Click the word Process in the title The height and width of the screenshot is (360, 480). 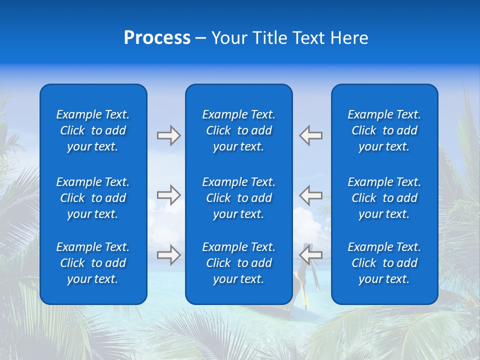(x=157, y=38)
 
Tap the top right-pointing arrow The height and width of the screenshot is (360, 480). (x=168, y=135)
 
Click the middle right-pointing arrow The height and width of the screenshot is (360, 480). (x=168, y=195)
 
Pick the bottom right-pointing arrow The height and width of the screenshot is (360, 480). (x=168, y=255)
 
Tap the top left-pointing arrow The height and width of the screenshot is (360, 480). (x=310, y=135)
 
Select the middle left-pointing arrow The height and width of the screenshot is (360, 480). (x=310, y=195)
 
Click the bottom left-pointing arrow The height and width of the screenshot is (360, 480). (x=310, y=255)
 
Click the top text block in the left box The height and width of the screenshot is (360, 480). (x=93, y=130)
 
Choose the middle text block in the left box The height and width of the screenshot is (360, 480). (x=93, y=198)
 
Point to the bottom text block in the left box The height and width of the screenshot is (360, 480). (x=93, y=263)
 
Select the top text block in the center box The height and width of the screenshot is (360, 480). (x=238, y=130)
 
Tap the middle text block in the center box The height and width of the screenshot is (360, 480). (x=238, y=198)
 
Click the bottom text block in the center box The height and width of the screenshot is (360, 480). (x=238, y=263)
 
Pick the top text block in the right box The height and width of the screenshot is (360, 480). (x=384, y=130)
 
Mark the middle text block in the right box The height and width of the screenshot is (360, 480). (x=384, y=198)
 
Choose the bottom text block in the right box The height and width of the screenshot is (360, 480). (x=384, y=263)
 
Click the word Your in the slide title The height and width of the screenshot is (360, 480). (x=228, y=38)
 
